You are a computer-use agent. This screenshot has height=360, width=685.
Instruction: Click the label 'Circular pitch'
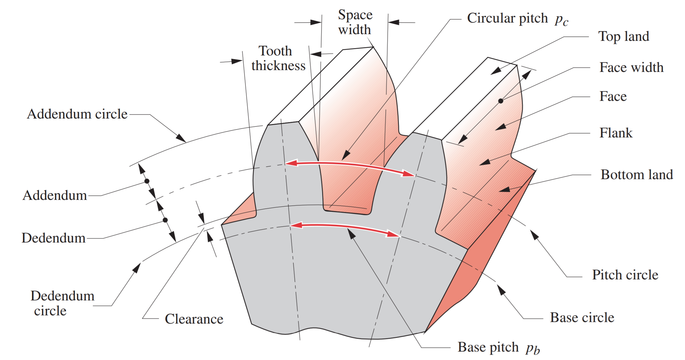pyautogui.click(x=507, y=18)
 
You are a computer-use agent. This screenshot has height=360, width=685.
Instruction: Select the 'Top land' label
pyautogui.click(x=624, y=36)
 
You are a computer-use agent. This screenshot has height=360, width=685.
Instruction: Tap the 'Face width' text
pyautogui.click(x=631, y=67)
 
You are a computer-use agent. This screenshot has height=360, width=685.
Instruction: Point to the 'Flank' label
pyautogui.click(x=616, y=133)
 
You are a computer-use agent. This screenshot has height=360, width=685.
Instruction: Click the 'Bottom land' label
pyautogui.click(x=637, y=175)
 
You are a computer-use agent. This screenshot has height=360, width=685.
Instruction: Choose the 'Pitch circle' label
pyautogui.click(x=625, y=275)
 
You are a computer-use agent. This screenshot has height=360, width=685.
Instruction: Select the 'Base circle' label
pyautogui.click(x=582, y=317)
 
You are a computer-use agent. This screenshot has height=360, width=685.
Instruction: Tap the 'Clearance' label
pyautogui.click(x=194, y=319)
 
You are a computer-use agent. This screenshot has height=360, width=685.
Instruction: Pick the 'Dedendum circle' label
pyautogui.click(x=62, y=303)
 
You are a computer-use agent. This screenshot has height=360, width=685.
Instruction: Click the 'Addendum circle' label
pyautogui.click(x=77, y=114)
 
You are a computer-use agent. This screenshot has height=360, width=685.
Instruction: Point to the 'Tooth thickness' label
pyautogui.click(x=278, y=58)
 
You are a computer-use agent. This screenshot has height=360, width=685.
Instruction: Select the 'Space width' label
pyautogui.click(x=355, y=22)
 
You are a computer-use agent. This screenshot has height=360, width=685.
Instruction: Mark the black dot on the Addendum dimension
pyautogui.click(x=147, y=181)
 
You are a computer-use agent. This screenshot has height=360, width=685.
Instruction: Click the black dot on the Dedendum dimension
pyautogui.click(x=165, y=220)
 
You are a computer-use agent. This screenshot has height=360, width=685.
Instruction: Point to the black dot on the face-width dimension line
pyautogui.click(x=501, y=101)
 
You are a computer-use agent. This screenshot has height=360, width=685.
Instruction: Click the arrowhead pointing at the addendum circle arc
pyautogui.click(x=181, y=138)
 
